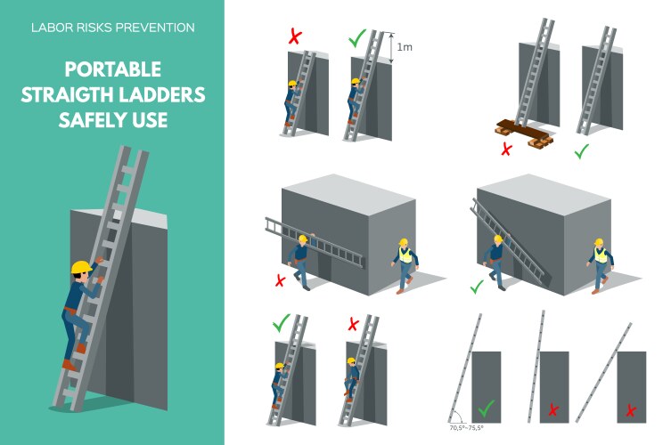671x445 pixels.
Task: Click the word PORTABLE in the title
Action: click(112, 69)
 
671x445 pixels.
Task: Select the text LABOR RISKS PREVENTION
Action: click(112, 28)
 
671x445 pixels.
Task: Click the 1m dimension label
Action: click(404, 45)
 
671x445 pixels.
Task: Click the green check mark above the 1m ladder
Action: click(357, 39)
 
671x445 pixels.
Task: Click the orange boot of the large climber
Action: click(68, 364)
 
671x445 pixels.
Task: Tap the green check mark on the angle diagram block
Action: click(486, 409)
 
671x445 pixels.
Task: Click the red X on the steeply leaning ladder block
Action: click(553, 410)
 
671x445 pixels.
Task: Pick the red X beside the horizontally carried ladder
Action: click(280, 280)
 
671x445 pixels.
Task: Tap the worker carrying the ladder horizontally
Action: click(302, 262)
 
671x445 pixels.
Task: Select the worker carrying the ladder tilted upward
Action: click(494, 261)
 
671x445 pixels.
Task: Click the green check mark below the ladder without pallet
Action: click(582, 151)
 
